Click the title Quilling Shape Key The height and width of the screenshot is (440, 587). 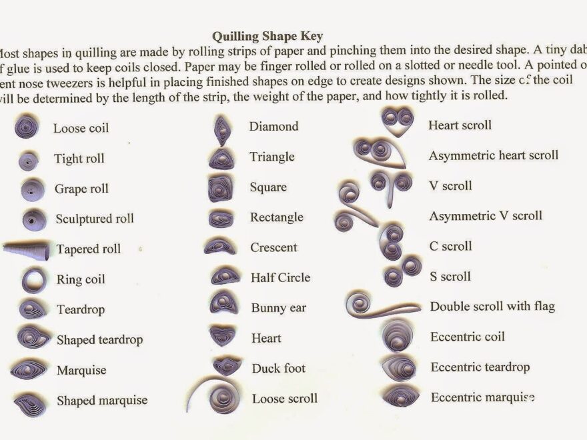point(267,35)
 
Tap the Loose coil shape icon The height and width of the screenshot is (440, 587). point(27,127)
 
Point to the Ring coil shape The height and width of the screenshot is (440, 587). point(32,280)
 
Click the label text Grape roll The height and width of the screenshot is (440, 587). point(81,189)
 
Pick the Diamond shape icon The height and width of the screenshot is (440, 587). point(221,129)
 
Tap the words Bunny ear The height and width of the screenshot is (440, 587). point(278,308)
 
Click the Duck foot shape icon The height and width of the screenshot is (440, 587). point(227,366)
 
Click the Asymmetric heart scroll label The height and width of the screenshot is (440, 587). point(493,156)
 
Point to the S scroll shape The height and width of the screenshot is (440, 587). point(402,271)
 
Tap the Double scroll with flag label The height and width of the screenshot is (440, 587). point(492,307)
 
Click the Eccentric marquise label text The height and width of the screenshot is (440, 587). point(482,398)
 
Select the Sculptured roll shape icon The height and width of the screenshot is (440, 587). point(33,219)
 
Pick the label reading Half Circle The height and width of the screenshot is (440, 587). point(280,277)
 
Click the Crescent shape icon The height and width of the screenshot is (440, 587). point(220,247)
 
